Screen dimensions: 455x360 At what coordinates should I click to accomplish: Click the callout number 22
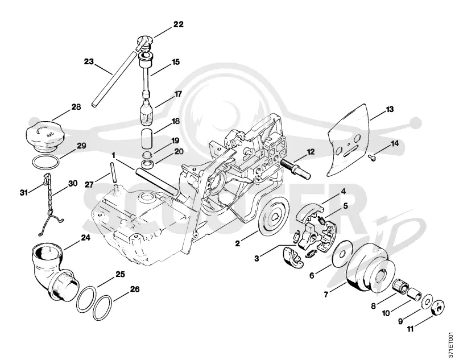(179, 24)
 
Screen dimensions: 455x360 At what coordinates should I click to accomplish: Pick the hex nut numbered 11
(438, 307)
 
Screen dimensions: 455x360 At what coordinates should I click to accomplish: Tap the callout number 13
(390, 109)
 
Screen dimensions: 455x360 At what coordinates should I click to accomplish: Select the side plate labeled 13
(348, 140)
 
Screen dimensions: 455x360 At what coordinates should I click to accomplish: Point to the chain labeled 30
(50, 203)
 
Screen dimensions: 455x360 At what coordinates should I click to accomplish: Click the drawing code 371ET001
(450, 344)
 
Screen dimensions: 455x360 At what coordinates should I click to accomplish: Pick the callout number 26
(135, 289)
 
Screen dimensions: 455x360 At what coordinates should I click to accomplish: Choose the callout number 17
(177, 94)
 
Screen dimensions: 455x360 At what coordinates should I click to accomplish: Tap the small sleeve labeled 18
(148, 138)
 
